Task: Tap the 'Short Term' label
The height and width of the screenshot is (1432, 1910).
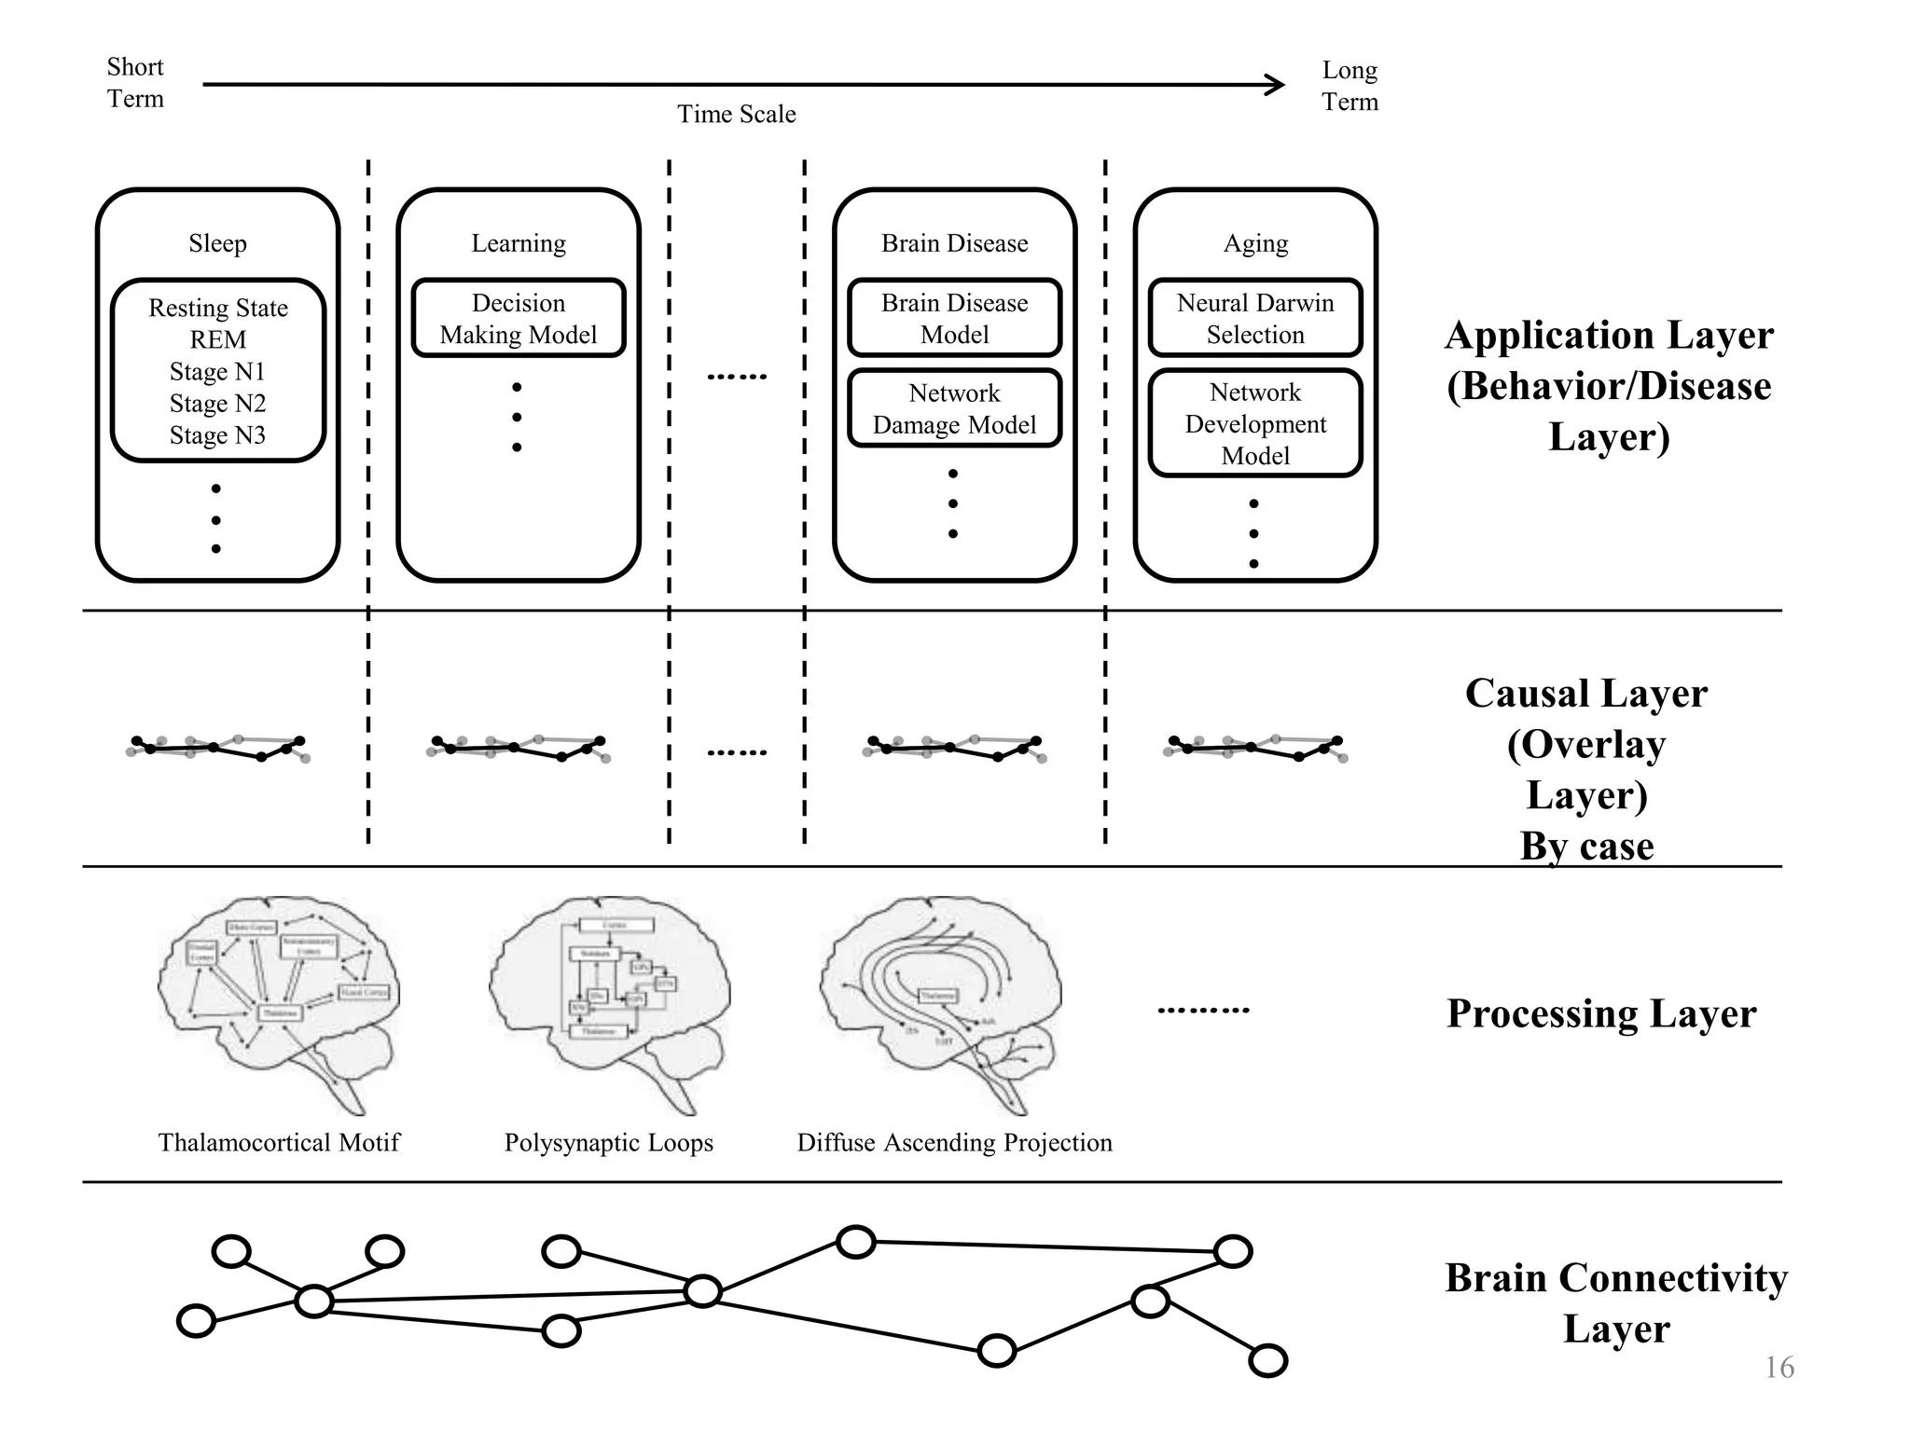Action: [x=135, y=83]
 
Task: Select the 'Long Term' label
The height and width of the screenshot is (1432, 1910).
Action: [x=1349, y=86]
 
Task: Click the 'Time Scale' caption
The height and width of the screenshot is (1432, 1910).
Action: [x=736, y=114]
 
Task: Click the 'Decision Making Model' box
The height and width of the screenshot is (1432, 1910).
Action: [x=519, y=319]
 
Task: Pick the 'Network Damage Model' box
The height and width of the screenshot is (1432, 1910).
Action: [x=954, y=409]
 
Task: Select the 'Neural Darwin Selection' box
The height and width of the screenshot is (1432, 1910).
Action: [x=1255, y=319]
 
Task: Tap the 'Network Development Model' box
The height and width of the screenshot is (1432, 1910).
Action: [x=1255, y=424]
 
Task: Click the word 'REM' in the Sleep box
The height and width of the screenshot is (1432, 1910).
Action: [x=217, y=339]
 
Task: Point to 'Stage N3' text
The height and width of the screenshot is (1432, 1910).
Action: [x=217, y=435]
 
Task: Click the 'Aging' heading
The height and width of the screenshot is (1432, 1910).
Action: [x=1255, y=243]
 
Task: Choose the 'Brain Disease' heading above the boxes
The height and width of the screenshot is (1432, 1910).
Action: [x=954, y=243]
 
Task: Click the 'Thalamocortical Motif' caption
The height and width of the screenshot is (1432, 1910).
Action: [x=279, y=1142]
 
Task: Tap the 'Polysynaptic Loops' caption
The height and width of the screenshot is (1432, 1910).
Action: [x=608, y=1142]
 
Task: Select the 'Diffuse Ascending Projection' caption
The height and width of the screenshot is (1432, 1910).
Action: [x=954, y=1142]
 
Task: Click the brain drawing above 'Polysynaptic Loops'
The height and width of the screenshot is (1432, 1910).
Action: [x=608, y=998]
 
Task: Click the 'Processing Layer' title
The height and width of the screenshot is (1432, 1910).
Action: [x=1601, y=1013]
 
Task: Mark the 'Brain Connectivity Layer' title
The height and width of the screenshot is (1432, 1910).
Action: [x=1616, y=1302]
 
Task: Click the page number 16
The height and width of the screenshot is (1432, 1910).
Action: [x=1779, y=1368]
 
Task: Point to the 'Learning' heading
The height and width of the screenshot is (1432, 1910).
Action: [x=519, y=243]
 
